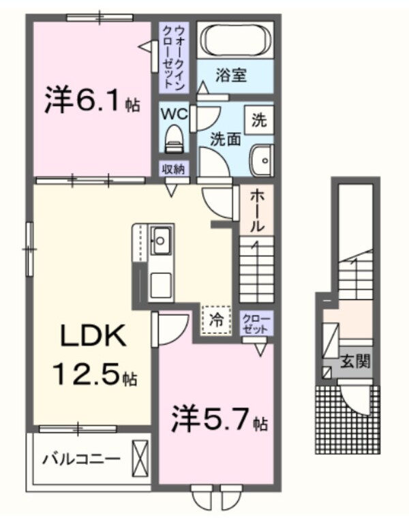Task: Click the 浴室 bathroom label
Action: click(231, 75)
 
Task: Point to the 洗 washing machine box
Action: click(259, 121)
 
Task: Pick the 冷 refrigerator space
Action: click(215, 320)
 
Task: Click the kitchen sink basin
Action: click(162, 241)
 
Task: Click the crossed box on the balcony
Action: click(140, 459)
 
